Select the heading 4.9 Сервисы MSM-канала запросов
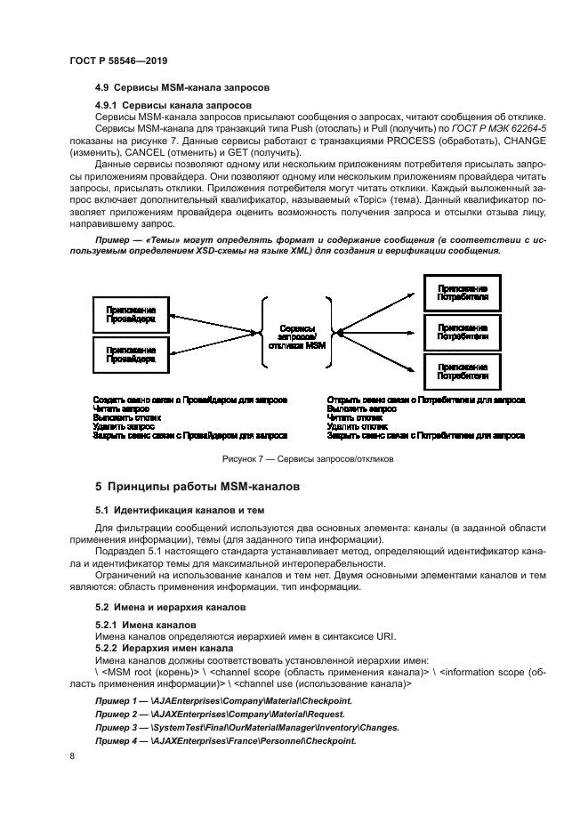[181, 87]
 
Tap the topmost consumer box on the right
[462, 293]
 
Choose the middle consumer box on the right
[462, 332]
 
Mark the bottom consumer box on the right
[462, 371]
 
